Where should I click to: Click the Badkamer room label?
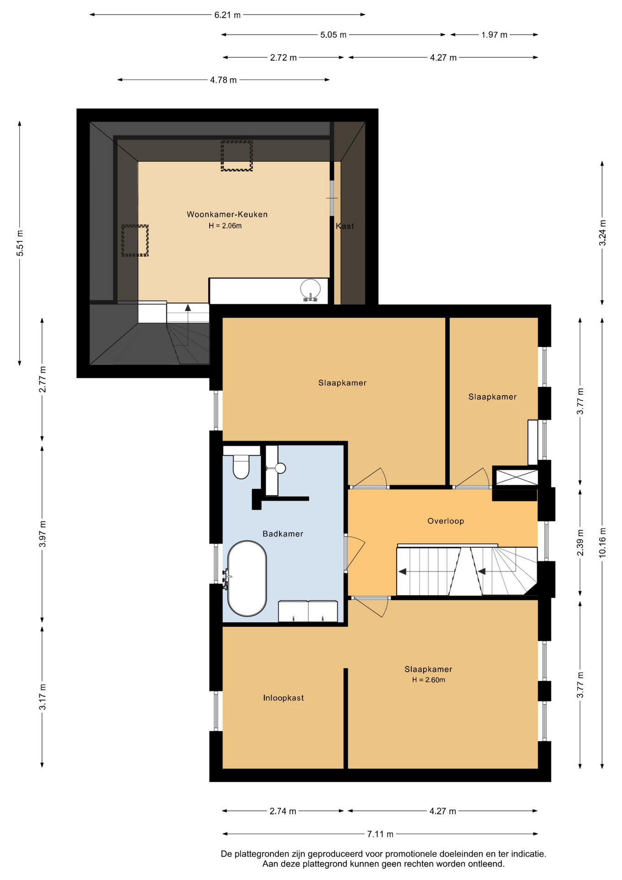point(283,533)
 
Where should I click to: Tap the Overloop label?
point(446,521)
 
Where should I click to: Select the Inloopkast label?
point(284,698)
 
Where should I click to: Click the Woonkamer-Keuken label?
point(227,214)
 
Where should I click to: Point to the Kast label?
point(345,226)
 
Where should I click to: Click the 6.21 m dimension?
point(228,15)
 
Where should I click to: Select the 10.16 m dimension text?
point(602,543)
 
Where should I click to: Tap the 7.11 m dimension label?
point(380,834)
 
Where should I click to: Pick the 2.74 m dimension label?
point(283,811)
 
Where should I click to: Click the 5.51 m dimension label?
point(20,243)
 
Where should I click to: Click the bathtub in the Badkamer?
point(247,578)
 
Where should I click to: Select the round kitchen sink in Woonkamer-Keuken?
point(311,289)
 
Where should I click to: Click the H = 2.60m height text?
point(429,680)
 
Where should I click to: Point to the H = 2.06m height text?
point(225,225)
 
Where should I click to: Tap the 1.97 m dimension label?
point(494,34)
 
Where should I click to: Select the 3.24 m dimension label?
point(602,233)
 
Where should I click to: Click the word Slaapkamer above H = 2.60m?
point(428,669)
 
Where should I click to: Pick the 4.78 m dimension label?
point(224,80)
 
